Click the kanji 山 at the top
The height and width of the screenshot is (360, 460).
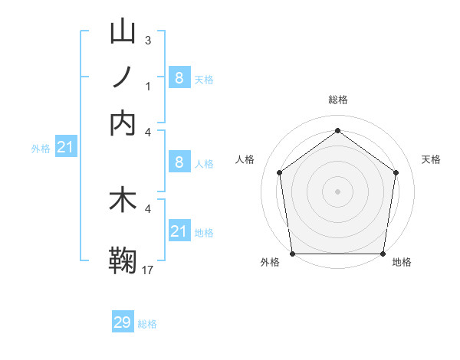pos(123,32)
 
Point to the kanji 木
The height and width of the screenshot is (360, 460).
pos(123,201)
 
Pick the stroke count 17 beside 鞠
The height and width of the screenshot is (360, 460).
pos(148,270)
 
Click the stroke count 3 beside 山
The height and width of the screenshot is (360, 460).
pos(147,40)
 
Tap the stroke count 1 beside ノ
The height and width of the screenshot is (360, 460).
pos(147,86)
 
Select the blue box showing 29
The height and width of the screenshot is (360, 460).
pos(123,322)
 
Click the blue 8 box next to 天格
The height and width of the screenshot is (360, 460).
pos(179,77)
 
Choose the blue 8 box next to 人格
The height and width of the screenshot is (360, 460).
pos(179,162)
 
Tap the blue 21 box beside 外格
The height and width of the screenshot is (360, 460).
pos(65,146)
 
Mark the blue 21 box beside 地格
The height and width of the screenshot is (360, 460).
pos(179,231)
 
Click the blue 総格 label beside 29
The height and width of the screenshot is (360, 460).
pos(147,324)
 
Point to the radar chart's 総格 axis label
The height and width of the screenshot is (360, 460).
pos(337,100)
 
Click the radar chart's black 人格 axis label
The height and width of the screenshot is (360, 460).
pos(245,159)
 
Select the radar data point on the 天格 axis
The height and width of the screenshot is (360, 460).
pos(396,172)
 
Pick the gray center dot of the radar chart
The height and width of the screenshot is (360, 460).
pos(337,191)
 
